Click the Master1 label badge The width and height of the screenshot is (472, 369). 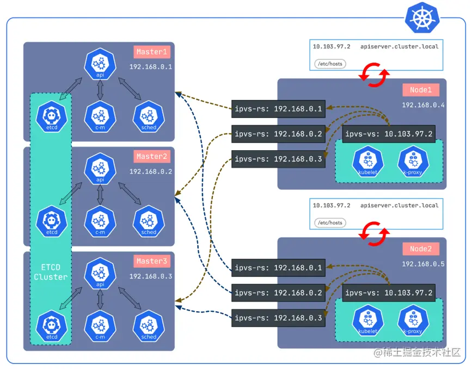[x=151, y=52]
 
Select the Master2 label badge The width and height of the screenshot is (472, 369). [x=151, y=157]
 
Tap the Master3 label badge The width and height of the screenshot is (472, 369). [x=151, y=261]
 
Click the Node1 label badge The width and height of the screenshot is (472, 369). [x=421, y=90]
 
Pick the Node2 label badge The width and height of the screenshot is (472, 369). [x=421, y=249]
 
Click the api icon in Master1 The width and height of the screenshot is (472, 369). [x=100, y=64]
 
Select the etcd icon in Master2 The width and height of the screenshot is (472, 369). [x=52, y=221]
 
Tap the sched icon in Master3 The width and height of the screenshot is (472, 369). [x=149, y=325]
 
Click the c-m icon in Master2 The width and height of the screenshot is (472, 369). [x=100, y=221]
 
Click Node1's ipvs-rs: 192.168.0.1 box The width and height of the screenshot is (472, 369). [x=278, y=109]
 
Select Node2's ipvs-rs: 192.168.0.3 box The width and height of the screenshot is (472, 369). [x=278, y=318]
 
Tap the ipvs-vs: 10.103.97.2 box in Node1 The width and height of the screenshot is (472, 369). [x=389, y=134]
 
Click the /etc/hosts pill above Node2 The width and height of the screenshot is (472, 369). [x=329, y=223]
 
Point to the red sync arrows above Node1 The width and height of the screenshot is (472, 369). [x=374, y=75]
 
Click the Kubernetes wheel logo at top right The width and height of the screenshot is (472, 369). [x=422, y=17]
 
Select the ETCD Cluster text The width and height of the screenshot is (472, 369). [x=51, y=272]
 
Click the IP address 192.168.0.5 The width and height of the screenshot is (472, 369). [x=423, y=264]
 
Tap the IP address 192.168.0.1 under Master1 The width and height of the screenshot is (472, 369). [x=150, y=67]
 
